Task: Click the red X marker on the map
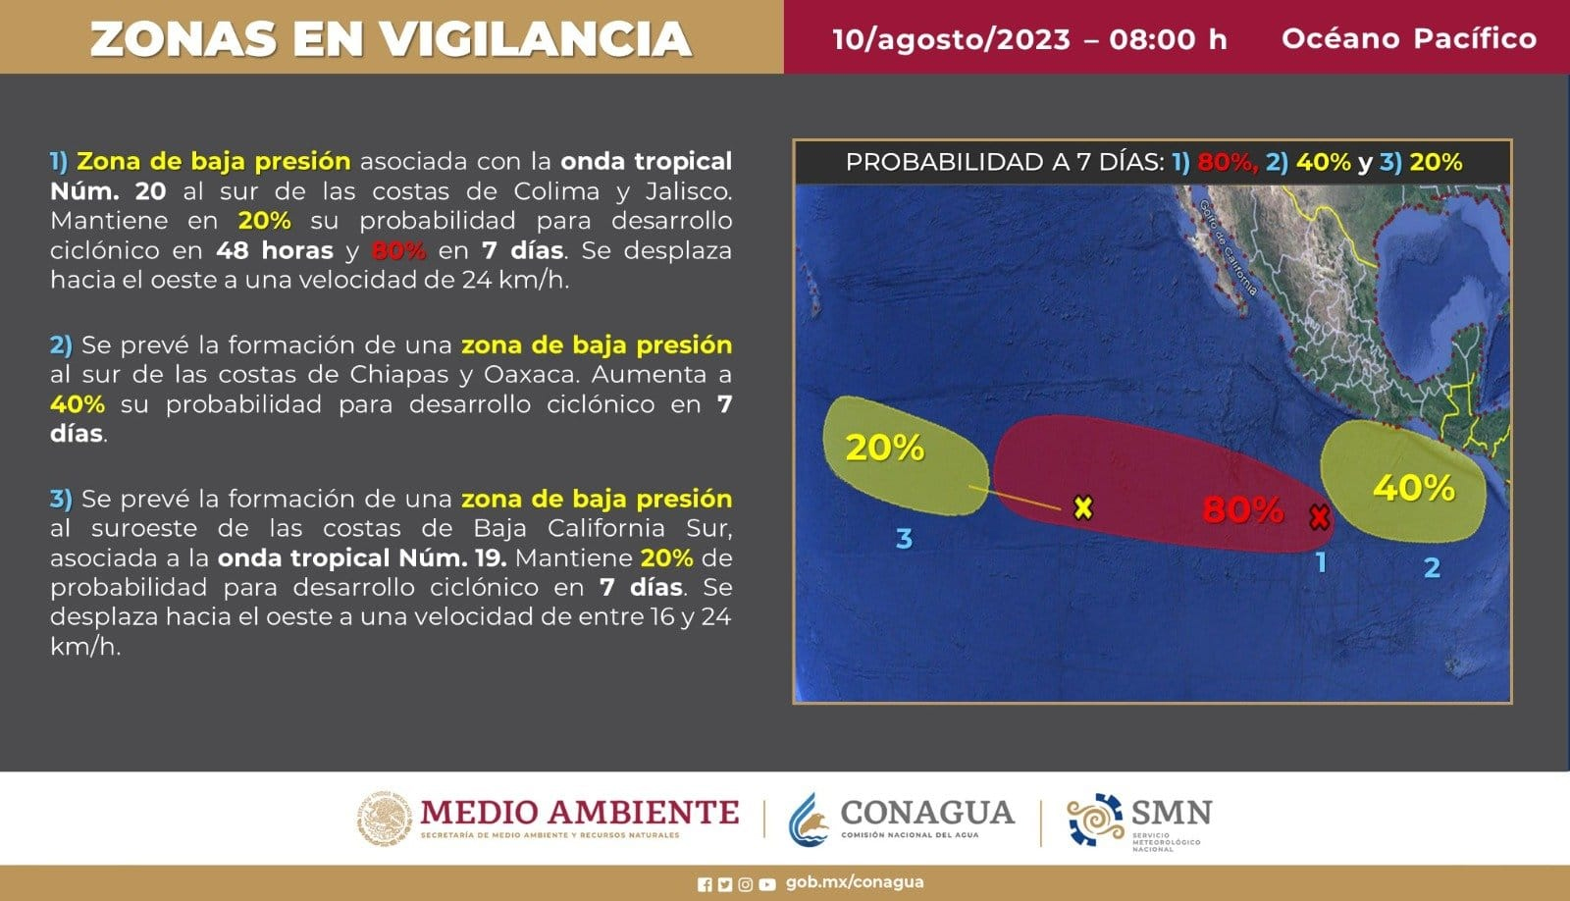[x=1319, y=517]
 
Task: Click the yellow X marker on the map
[x=1083, y=507]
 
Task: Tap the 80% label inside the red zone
[x=1242, y=509]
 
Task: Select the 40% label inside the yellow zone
[x=1413, y=488]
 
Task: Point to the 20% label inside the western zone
[x=884, y=448]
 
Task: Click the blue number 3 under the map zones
[x=904, y=539]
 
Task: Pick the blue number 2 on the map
[x=1432, y=567]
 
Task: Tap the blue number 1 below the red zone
[x=1321, y=561]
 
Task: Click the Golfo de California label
[x=1228, y=246]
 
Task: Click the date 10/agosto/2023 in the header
[x=952, y=39]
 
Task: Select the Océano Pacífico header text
[x=1409, y=38]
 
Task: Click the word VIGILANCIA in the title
[x=538, y=39]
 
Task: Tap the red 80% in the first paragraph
[x=398, y=250]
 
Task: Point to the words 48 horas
[x=274, y=250]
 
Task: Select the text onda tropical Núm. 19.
[x=362, y=558]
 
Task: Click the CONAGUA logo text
[x=927, y=813]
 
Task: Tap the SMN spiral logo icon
[x=1095, y=819]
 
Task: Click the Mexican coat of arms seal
[x=384, y=818]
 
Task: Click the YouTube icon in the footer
[x=766, y=884]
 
